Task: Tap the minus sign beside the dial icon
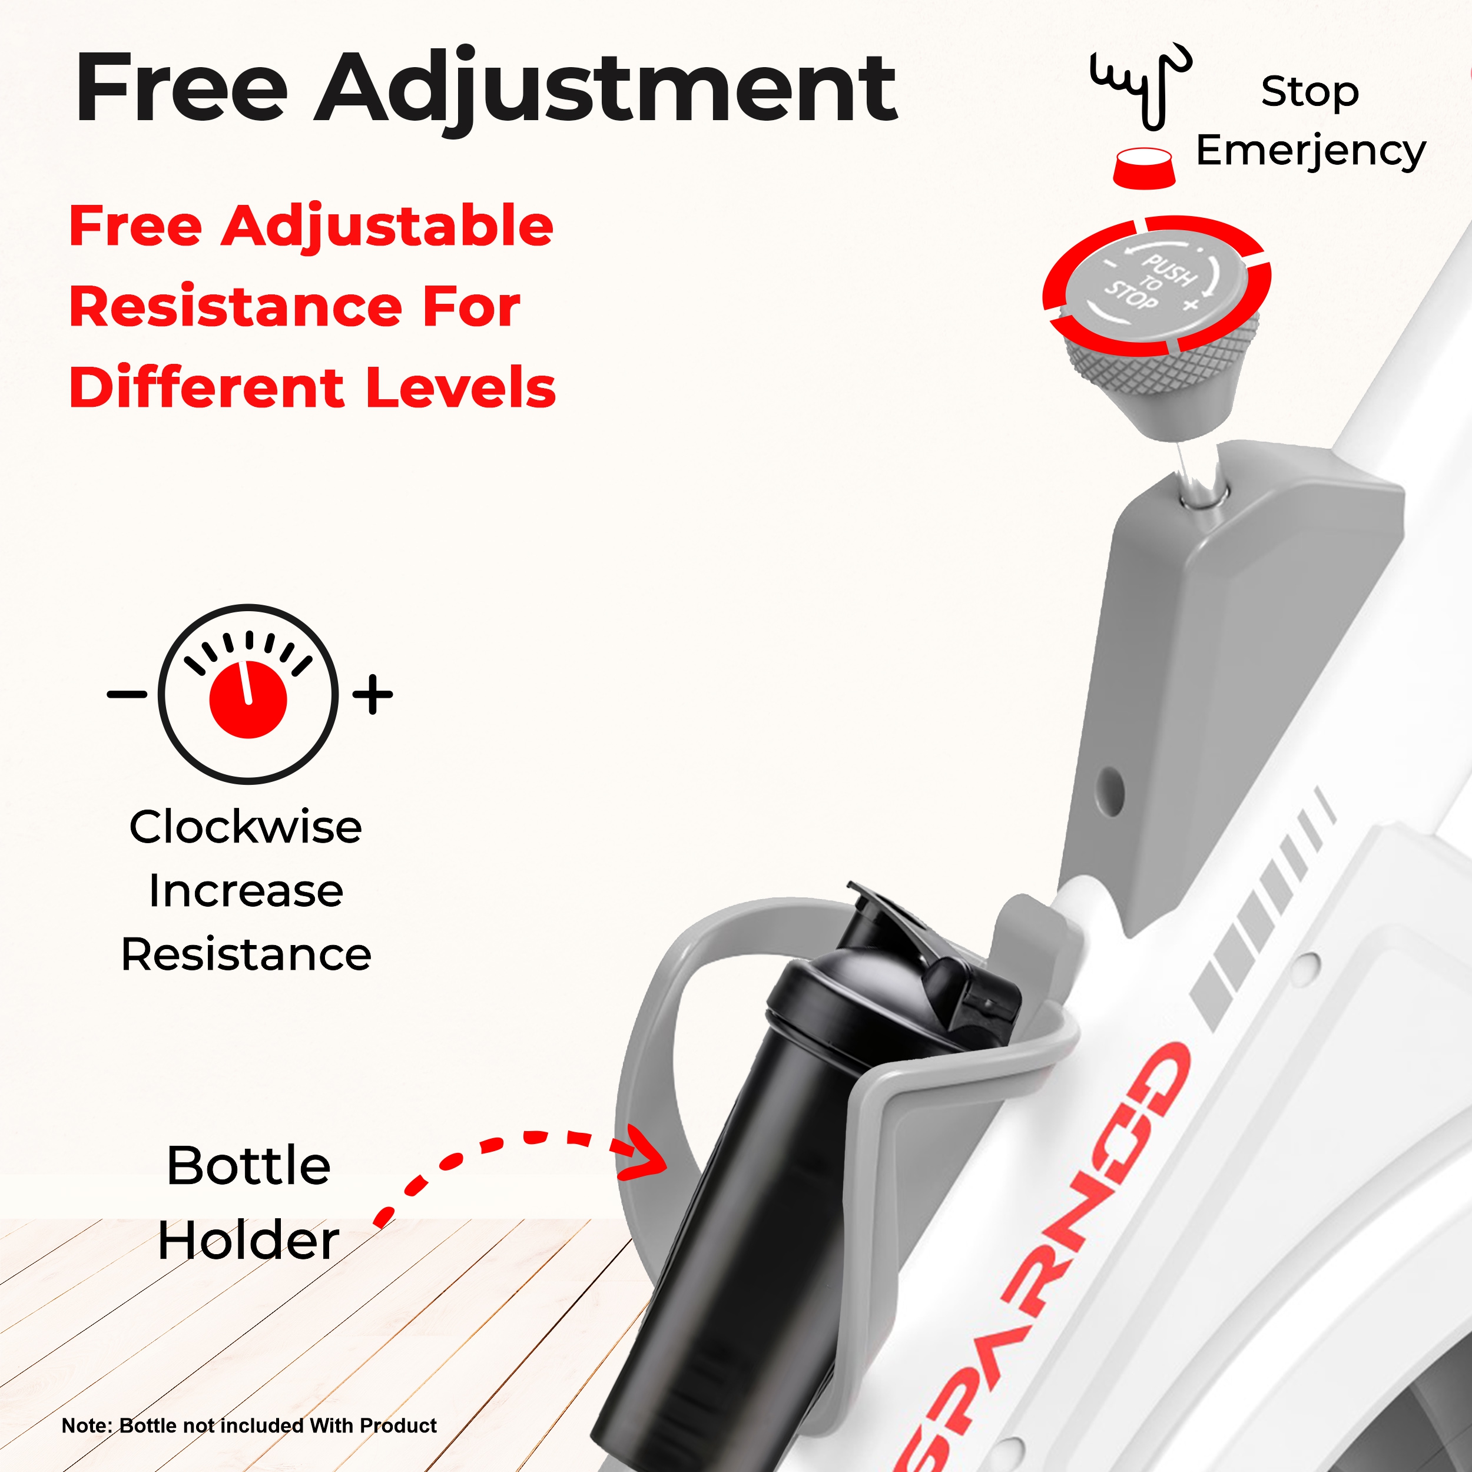point(127,694)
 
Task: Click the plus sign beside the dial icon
point(373,694)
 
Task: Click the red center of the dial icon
point(248,699)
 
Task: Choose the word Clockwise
point(246,827)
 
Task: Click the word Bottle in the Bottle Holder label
point(248,1166)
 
